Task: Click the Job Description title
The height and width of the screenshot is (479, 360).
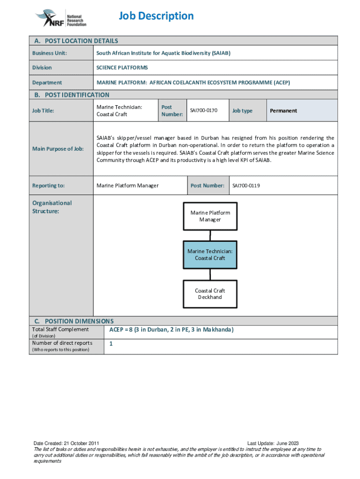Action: [x=156, y=16]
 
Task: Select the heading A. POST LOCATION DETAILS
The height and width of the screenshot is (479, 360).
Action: [x=75, y=41]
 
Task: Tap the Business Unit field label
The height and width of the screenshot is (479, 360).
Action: [x=50, y=53]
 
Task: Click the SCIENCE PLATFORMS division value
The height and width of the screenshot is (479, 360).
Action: [x=122, y=68]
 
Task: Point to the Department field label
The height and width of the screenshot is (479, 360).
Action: [x=47, y=83]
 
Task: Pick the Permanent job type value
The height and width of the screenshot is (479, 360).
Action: [x=283, y=111]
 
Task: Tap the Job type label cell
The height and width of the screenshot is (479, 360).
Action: [x=242, y=111]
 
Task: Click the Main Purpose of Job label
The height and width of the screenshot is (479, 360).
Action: [x=58, y=149]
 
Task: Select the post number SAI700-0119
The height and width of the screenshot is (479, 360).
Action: [x=246, y=186]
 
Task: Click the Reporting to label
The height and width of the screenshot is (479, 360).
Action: [x=49, y=186]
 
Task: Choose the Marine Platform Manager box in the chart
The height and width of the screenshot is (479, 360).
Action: [x=210, y=216]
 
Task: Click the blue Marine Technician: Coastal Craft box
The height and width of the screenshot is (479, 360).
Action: [x=210, y=254]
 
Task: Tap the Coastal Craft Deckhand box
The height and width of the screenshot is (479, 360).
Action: [x=210, y=294]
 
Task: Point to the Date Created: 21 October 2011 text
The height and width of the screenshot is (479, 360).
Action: [x=65, y=443]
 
